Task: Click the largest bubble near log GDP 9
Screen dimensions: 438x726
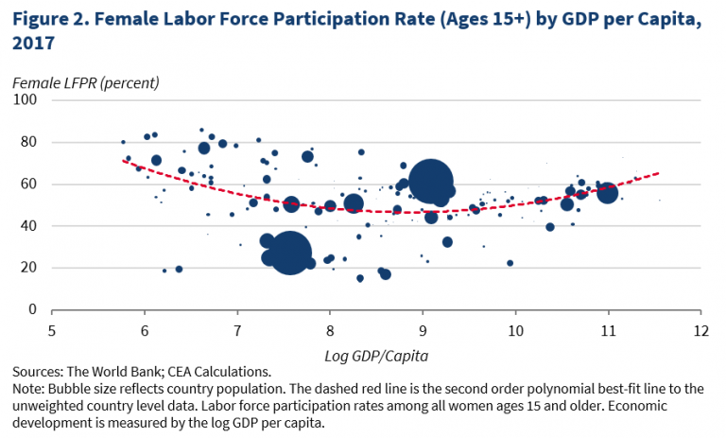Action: (432, 183)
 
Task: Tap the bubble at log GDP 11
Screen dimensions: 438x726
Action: (607, 192)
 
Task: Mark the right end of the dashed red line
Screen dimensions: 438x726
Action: (659, 173)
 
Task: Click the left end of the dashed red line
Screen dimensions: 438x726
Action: (124, 160)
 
